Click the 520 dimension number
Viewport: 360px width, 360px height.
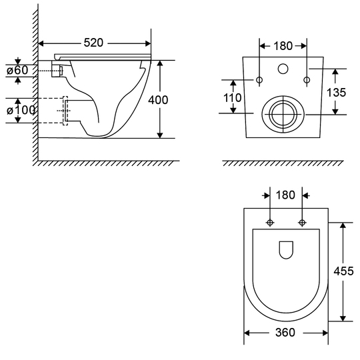(x=93, y=43)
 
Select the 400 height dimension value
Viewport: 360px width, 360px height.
(x=158, y=100)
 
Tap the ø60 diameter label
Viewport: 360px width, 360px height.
(x=17, y=70)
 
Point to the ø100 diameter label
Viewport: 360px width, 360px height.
(x=21, y=111)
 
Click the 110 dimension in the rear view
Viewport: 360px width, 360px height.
(x=233, y=98)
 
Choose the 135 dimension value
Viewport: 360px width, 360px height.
(x=336, y=93)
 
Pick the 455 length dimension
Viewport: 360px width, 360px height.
(x=343, y=271)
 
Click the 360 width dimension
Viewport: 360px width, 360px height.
(x=285, y=333)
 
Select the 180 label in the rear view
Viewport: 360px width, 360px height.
(x=283, y=46)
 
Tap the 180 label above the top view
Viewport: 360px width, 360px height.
(x=285, y=195)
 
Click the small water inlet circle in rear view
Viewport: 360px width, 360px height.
(x=283, y=69)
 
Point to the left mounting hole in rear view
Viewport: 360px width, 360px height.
(x=259, y=80)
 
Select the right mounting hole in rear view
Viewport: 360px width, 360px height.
(x=307, y=80)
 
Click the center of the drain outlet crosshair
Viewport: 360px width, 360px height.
(x=283, y=114)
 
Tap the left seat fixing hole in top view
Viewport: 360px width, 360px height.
(x=270, y=223)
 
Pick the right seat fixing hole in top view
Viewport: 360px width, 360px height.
(x=302, y=223)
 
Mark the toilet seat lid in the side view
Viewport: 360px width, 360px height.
(x=103, y=56)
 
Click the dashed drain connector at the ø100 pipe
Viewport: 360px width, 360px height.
(x=65, y=111)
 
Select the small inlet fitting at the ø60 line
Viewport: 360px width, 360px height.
(x=61, y=71)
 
